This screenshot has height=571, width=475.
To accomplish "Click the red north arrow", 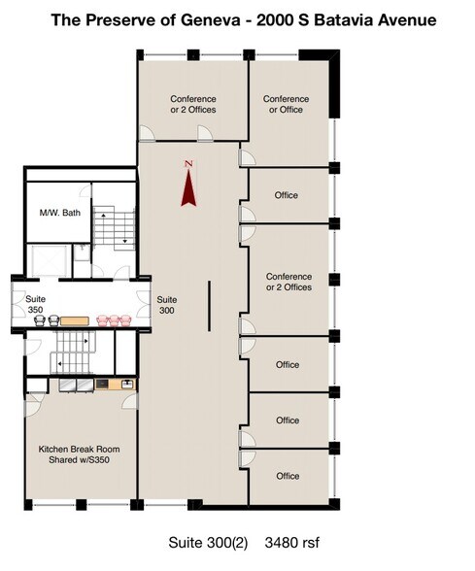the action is click(x=188, y=189).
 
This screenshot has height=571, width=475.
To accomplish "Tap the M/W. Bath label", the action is click(x=60, y=213).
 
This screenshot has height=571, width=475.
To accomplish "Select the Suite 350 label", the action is click(x=35, y=305).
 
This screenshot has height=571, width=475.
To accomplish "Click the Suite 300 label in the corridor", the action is click(x=167, y=305).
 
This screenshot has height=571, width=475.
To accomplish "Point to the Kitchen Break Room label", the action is click(x=79, y=454).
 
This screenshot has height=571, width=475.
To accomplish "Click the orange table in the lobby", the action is click(x=74, y=320).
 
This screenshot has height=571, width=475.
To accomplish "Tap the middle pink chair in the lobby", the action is click(x=114, y=320).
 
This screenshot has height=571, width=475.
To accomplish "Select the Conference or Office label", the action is click(x=286, y=104).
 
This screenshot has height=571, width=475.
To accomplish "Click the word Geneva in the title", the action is click(x=211, y=20).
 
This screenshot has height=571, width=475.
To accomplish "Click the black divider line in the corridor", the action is click(x=209, y=306).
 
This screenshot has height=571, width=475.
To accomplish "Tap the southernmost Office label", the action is click(x=288, y=476).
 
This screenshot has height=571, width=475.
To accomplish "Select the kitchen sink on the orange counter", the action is click(x=127, y=384).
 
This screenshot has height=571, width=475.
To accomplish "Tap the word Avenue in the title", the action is click(x=407, y=20).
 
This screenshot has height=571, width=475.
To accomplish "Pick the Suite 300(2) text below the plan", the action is click(x=208, y=543).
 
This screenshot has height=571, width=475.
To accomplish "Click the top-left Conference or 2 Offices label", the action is click(x=193, y=104).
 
